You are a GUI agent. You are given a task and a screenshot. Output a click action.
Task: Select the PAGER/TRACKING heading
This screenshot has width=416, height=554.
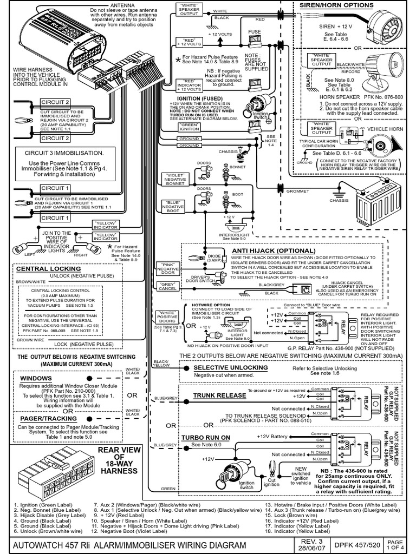(x=45, y=418)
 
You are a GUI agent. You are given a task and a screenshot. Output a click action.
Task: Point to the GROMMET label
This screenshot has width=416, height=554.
(x=298, y=190)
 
